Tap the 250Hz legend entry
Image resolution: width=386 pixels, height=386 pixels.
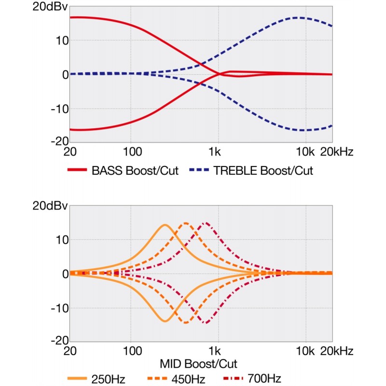click(108, 378)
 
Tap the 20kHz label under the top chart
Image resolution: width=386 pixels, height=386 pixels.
click(337, 152)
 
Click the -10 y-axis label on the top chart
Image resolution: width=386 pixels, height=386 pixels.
click(60, 109)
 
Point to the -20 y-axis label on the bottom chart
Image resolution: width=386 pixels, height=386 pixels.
click(60, 340)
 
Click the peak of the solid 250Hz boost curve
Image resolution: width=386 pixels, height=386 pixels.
click(165, 225)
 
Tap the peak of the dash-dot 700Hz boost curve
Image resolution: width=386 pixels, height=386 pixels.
click(206, 223)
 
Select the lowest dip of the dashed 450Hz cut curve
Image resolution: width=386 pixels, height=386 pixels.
click(186, 322)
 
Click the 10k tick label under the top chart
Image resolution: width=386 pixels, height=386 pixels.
click(305, 152)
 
